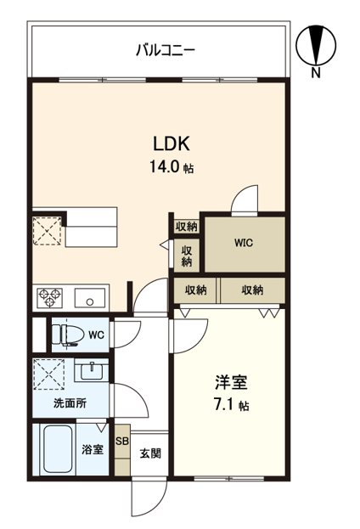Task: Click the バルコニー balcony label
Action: pos(166,50)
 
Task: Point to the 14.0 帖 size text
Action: pos(172,167)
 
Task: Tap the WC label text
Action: pos(96,335)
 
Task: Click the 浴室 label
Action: pos(93,449)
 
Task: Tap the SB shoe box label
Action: pos(122,442)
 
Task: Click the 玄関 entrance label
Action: pos(151,452)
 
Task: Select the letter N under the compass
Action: pos(316,73)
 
